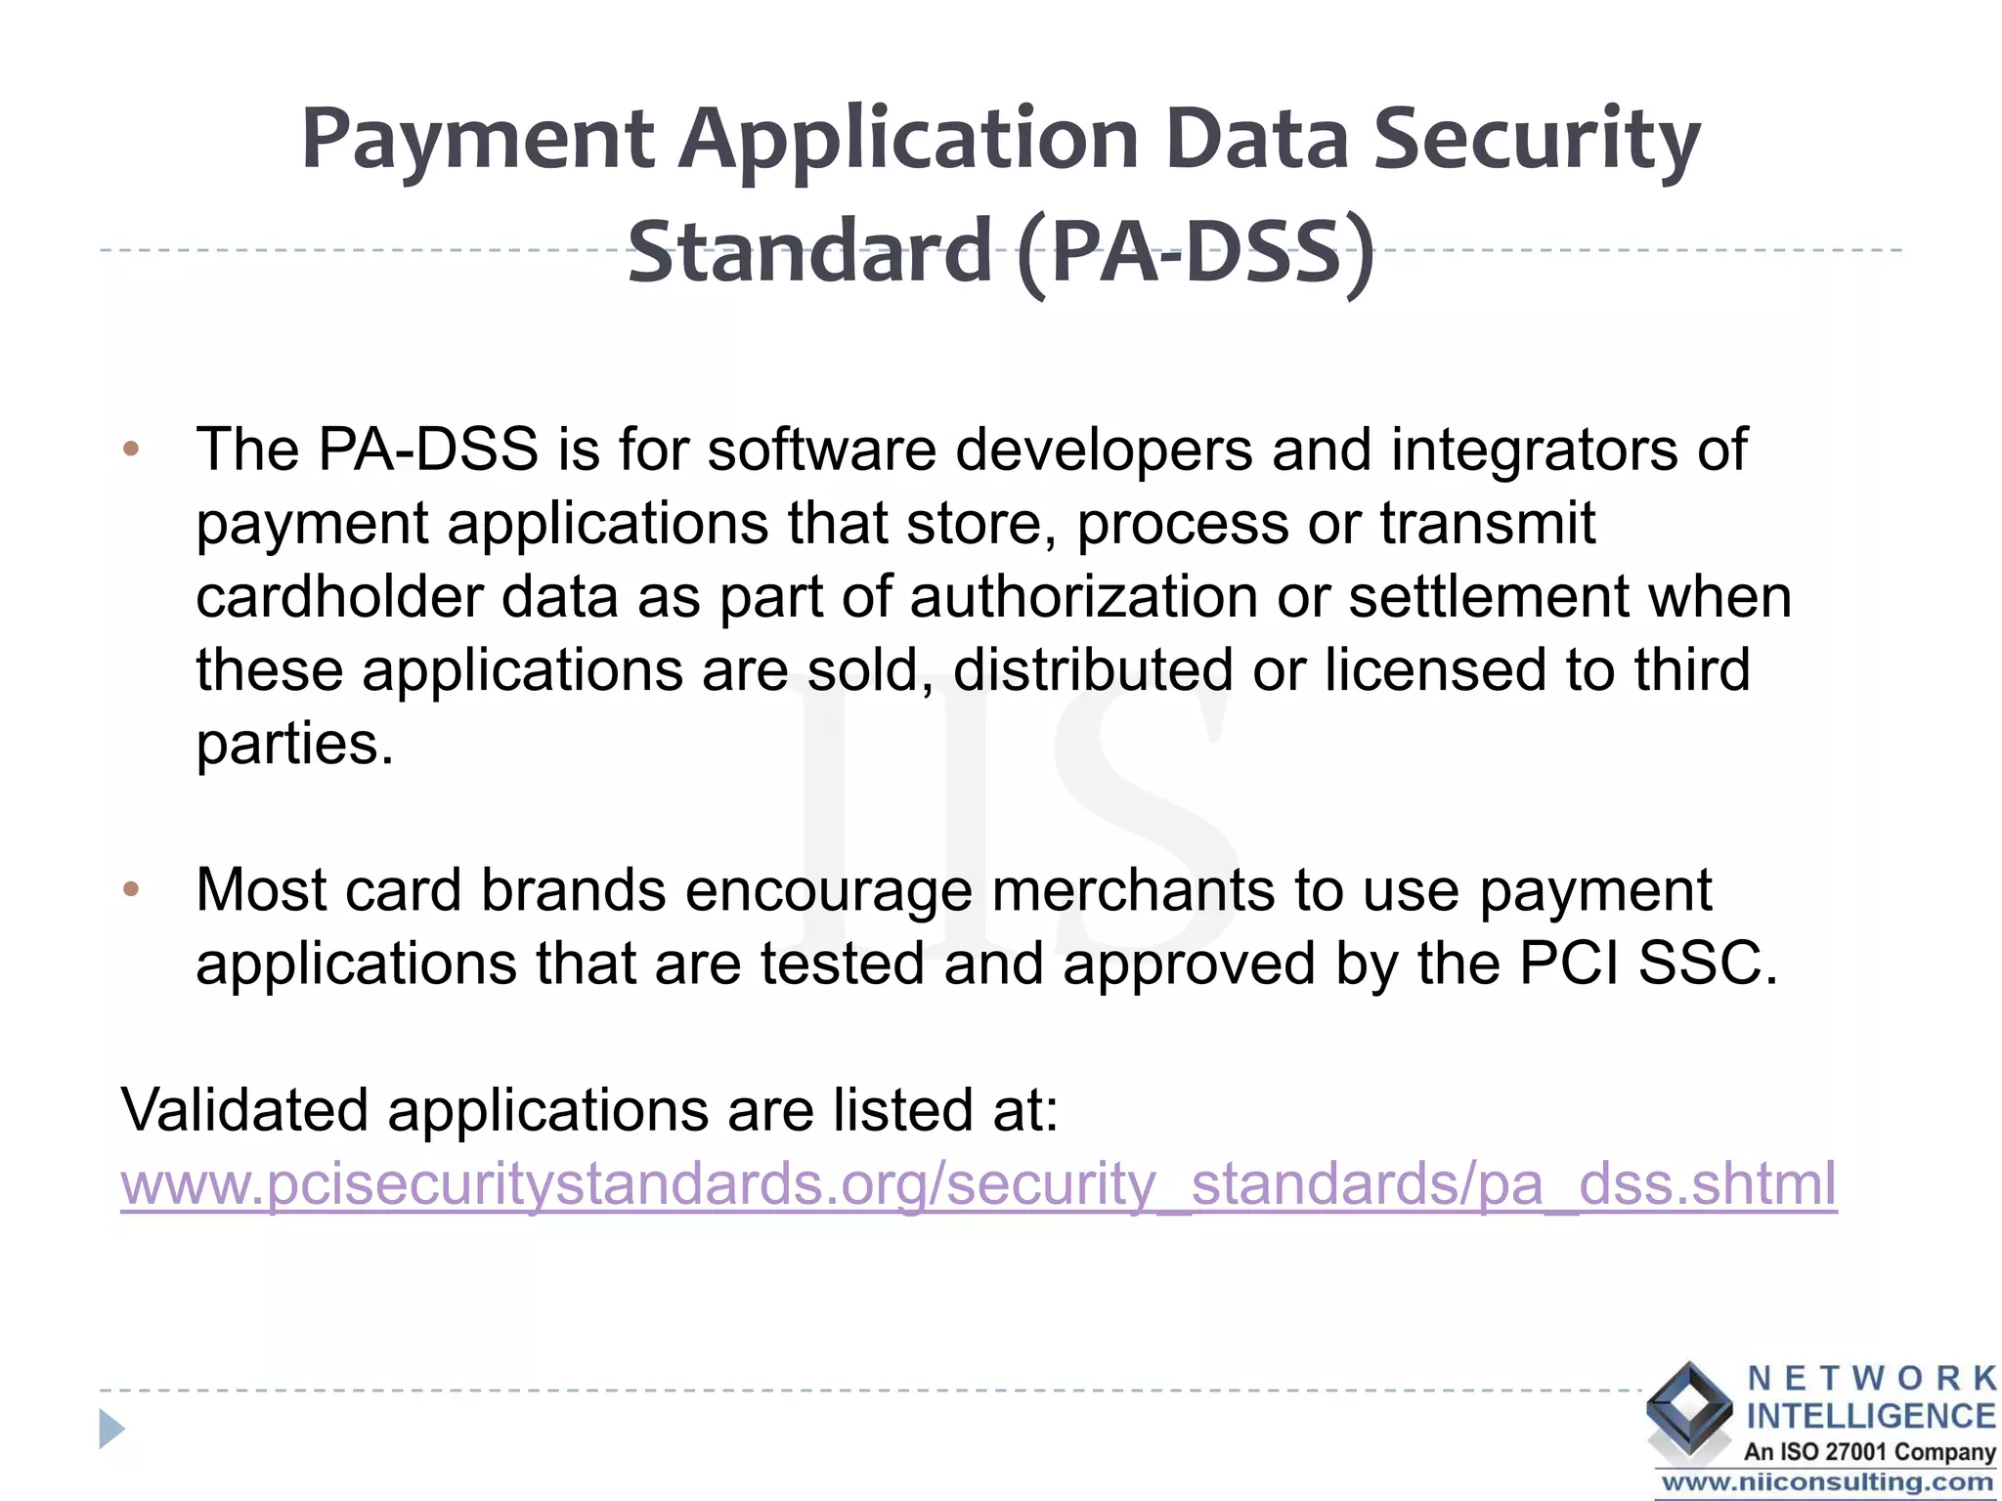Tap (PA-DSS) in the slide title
click(x=1195, y=253)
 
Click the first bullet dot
click(x=132, y=450)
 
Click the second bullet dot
click(x=132, y=890)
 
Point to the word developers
click(x=1104, y=450)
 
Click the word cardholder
click(x=338, y=597)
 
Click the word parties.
click(x=294, y=745)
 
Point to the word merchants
click(x=1133, y=890)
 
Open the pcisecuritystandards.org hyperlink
click(x=979, y=1184)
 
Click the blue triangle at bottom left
click(x=111, y=1430)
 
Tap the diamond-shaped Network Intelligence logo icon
click(x=1688, y=1408)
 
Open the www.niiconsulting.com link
click(x=1826, y=1483)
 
